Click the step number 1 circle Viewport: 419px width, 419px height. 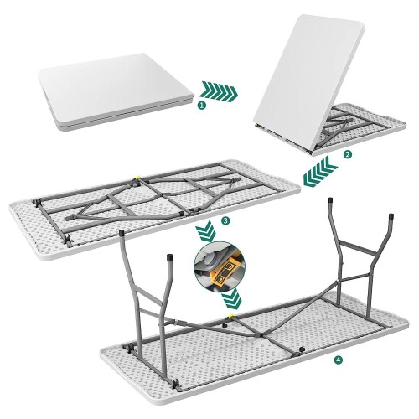(202, 106)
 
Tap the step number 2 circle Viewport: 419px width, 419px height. (347, 154)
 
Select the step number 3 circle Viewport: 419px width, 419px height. (225, 221)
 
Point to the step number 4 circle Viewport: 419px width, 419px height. (339, 360)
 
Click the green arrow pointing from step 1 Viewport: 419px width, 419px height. (220, 91)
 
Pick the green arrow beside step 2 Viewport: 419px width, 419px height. (320, 172)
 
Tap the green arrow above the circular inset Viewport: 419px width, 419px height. (206, 231)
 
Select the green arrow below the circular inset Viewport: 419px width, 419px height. (231, 298)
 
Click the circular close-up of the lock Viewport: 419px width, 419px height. (220, 266)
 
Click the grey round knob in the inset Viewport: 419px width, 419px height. (209, 261)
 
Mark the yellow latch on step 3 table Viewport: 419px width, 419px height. (137, 178)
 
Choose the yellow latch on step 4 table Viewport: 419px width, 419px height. (231, 316)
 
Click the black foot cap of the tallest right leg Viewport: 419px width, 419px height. (330, 200)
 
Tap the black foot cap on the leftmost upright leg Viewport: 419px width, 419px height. (122, 233)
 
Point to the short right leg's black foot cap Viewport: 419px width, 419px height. (391, 216)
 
